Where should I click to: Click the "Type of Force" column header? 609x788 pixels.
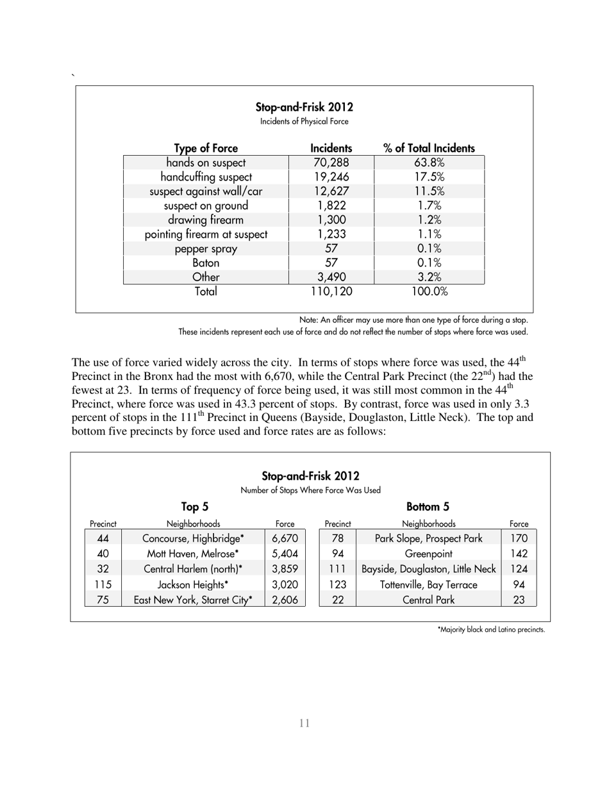(206, 148)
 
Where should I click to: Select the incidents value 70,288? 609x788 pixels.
(331, 163)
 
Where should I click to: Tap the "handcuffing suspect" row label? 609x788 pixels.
(206, 177)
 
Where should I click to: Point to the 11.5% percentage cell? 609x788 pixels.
(428, 191)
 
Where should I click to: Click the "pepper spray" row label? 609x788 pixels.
(206, 249)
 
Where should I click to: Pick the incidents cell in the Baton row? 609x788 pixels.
(331, 263)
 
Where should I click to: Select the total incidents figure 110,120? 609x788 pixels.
(331, 292)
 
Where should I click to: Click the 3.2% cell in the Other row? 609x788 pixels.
(428, 277)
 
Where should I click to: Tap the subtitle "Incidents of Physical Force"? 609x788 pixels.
(304, 121)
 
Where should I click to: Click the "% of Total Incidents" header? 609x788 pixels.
(428, 148)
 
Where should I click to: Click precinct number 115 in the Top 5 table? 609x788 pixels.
(103, 584)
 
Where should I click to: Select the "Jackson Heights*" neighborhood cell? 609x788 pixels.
(193, 584)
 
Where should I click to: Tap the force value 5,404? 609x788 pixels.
(285, 554)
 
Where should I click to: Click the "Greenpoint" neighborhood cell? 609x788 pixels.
(429, 554)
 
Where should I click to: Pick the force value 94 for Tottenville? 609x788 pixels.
(519, 584)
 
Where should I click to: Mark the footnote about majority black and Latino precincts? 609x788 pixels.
(490, 630)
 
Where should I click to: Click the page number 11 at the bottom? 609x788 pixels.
(304, 723)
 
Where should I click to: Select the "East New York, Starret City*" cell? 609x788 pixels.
(193, 600)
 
